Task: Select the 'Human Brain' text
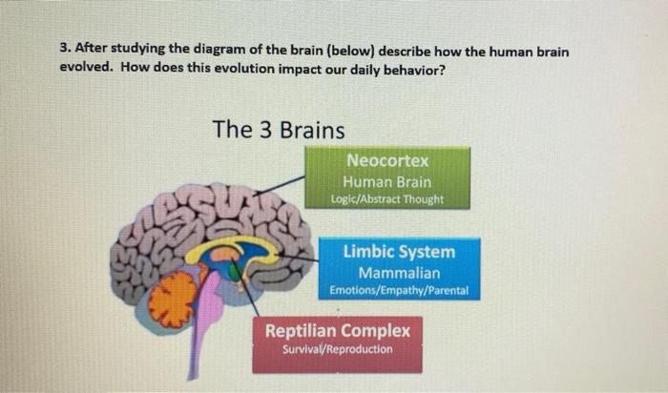[x=387, y=181]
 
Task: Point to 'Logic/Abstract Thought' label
[x=387, y=199]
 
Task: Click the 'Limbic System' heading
[x=399, y=252]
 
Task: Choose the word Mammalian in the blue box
[x=399, y=273]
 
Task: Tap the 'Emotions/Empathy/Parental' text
[x=399, y=290]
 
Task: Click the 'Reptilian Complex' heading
[x=337, y=331]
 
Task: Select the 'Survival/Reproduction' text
[x=337, y=349]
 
